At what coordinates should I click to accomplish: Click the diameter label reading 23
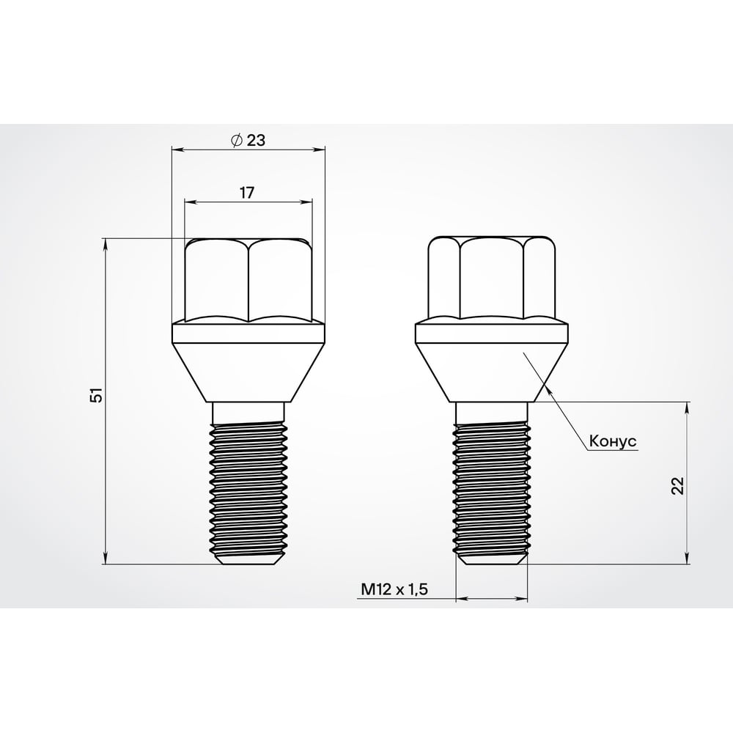(256, 141)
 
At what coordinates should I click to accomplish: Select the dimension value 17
(247, 193)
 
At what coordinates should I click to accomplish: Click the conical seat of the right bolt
(491, 374)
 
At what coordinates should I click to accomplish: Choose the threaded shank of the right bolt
(491, 487)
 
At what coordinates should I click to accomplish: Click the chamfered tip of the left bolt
(248, 559)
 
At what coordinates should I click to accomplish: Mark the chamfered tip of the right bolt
(491, 559)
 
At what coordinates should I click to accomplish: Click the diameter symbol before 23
(236, 141)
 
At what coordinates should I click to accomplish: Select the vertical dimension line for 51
(107, 440)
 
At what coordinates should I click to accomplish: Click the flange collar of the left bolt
(248, 334)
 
